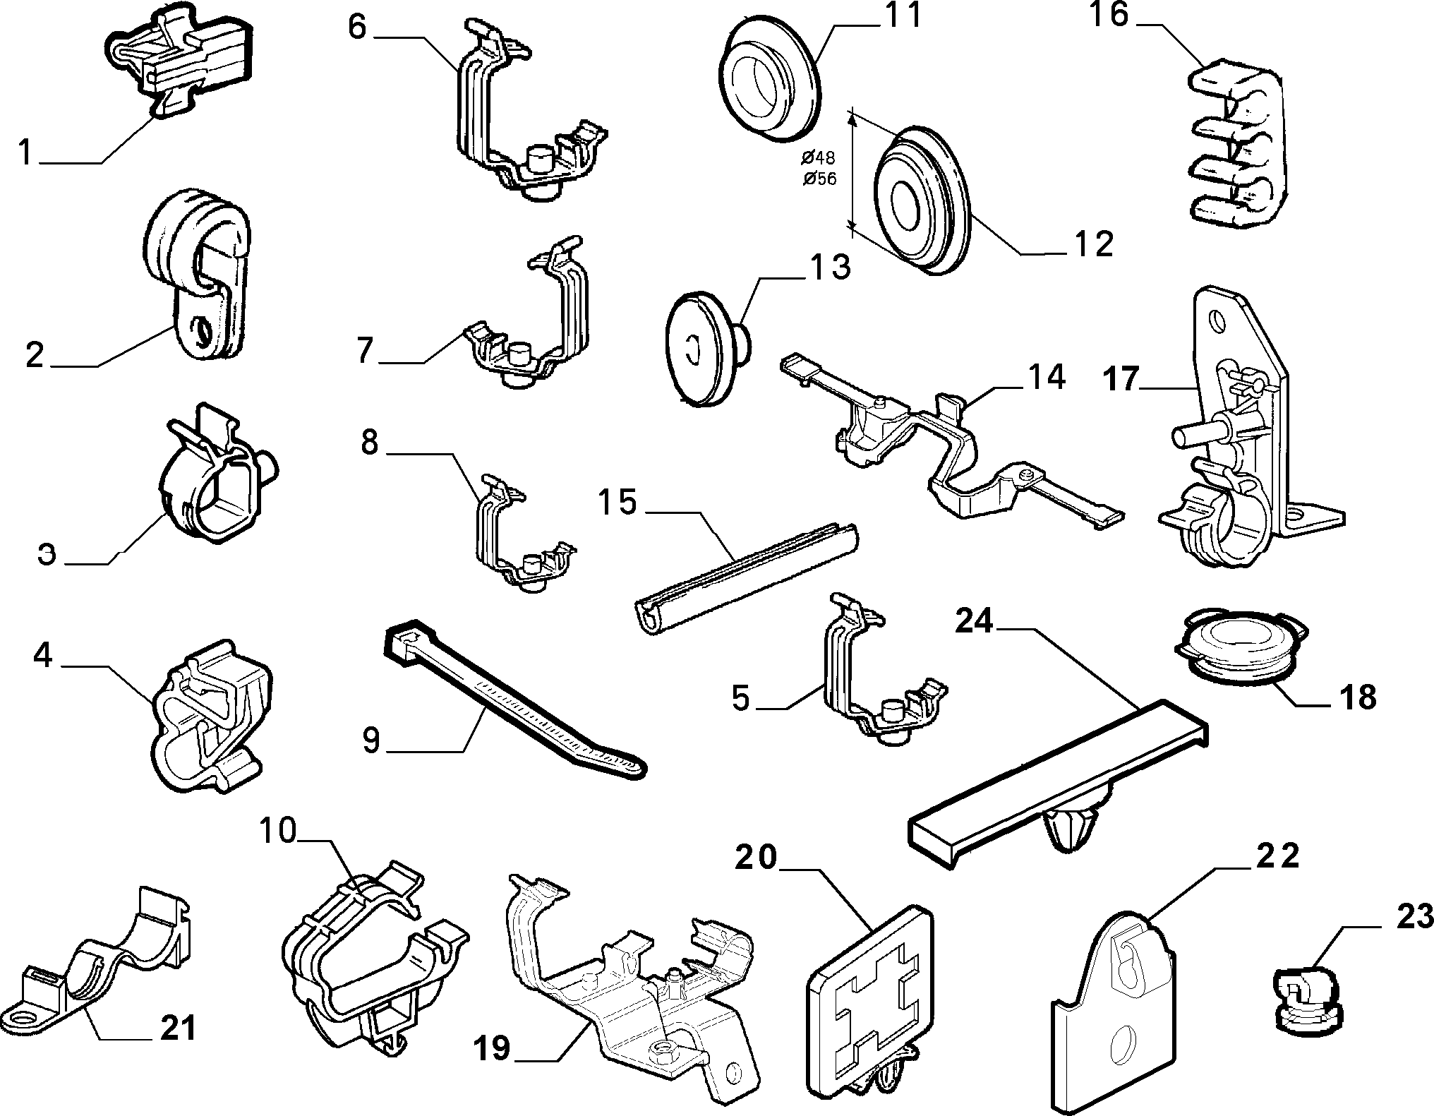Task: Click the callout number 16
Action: pos(1110,15)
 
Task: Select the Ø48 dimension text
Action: pos(819,157)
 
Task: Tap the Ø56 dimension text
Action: pos(819,179)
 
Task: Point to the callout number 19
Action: pos(492,1048)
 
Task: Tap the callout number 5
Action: pos(740,699)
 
